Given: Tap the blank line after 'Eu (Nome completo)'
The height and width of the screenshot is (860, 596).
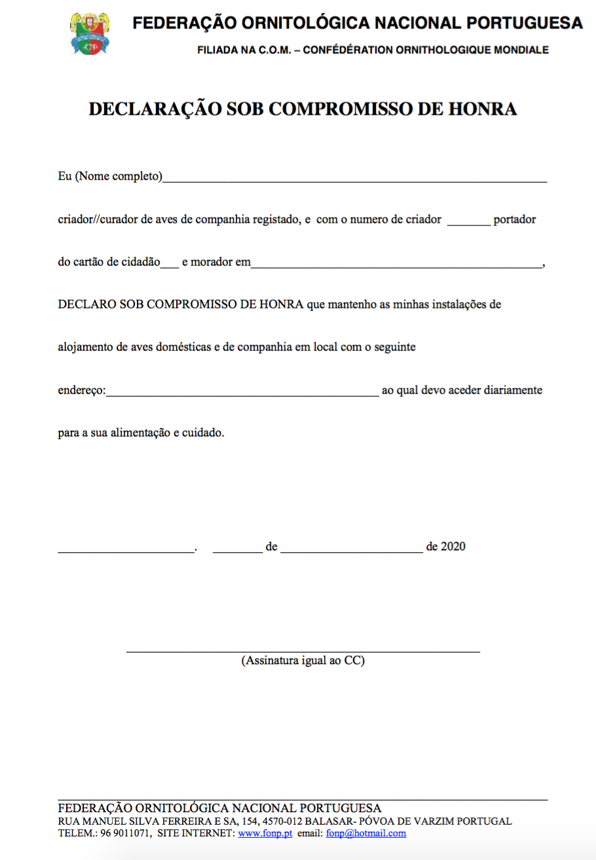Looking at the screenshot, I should (x=354, y=178).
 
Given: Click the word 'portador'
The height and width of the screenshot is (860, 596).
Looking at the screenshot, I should (x=515, y=220).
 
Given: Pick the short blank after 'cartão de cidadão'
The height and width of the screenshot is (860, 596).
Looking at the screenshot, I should (x=170, y=264).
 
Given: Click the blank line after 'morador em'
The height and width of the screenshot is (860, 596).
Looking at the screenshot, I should (x=397, y=264).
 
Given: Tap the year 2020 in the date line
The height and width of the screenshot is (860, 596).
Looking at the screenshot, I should (x=453, y=546).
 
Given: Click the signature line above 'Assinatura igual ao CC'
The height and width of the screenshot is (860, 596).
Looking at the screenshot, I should (x=303, y=650).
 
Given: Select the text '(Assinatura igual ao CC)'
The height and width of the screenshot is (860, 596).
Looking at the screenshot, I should (x=303, y=660).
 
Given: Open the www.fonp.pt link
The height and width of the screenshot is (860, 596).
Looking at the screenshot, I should (x=265, y=834).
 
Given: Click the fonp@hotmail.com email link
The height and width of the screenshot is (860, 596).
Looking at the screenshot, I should (x=366, y=834).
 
